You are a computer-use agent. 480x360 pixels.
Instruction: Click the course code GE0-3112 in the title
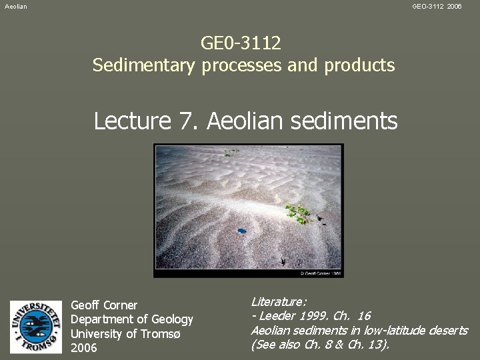[x=241, y=43]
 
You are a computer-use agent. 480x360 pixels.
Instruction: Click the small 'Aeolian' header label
[x=16, y=6]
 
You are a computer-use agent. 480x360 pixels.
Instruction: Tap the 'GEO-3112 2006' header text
[x=437, y=6]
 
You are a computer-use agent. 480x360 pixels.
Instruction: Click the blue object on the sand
[x=241, y=231]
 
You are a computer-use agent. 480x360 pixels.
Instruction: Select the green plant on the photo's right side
[x=299, y=213]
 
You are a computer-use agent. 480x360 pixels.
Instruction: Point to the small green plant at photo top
[x=232, y=153]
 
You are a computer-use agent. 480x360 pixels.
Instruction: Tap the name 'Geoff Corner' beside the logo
[x=104, y=305]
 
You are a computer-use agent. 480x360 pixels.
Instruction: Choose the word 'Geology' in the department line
[x=172, y=319]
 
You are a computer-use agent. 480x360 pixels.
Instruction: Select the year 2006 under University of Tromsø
[x=84, y=348]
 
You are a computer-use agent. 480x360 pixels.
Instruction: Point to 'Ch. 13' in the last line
[x=369, y=345]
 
